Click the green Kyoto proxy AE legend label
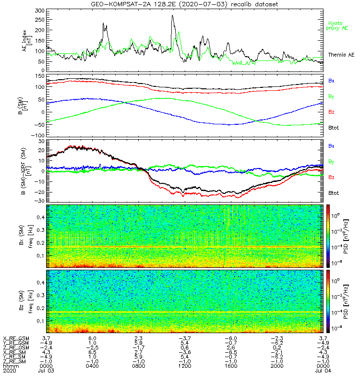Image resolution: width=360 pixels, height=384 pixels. click(x=338, y=25)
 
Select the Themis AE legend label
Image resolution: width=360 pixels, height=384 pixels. click(x=341, y=55)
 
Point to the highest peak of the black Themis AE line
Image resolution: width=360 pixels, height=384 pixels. click(x=173, y=16)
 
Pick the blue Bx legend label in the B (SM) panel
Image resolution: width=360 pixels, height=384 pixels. click(x=332, y=80)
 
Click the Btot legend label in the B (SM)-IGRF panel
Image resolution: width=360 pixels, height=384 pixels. click(x=334, y=193)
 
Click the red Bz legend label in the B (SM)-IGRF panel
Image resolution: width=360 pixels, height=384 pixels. click(x=332, y=177)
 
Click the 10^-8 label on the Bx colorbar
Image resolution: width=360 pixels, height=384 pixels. click(x=338, y=262)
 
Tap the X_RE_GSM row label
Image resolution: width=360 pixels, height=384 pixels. click(x=15, y=338)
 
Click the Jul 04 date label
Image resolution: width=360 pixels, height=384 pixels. click(x=323, y=371)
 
